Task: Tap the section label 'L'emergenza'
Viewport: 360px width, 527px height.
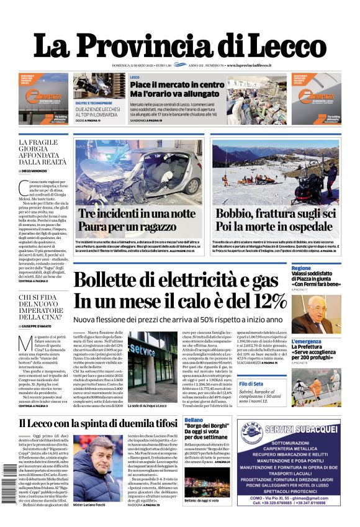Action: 306,342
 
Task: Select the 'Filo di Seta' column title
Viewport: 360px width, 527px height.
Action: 304,384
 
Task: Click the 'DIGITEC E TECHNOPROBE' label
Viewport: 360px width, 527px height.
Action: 94,103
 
